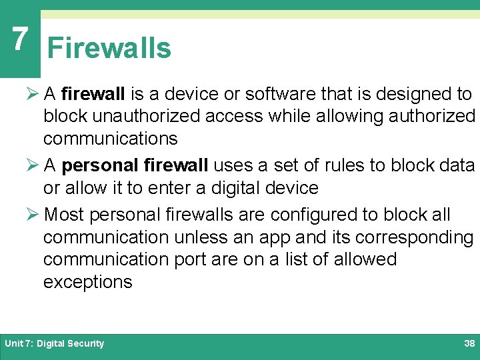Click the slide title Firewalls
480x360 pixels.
pyautogui.click(x=109, y=49)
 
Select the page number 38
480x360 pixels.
pyautogui.click(x=469, y=343)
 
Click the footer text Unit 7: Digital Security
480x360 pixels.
pyautogui.click(x=55, y=343)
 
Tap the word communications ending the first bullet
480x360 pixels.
pyautogui.click(x=111, y=139)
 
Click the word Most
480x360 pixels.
pyautogui.click(x=63, y=215)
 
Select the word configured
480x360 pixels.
pyautogui.click(x=309, y=215)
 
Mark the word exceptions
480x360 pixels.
pyautogui.click(x=88, y=282)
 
